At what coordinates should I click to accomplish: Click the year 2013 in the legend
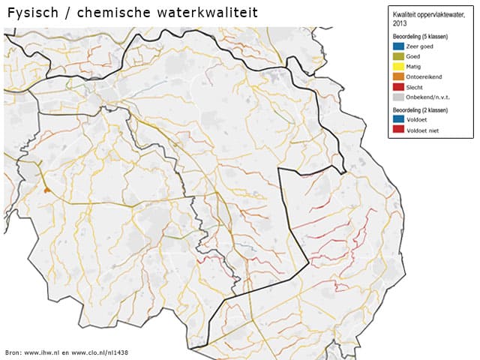pyautogui.click(x=400, y=24)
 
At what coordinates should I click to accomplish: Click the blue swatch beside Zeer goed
pyautogui.click(x=398, y=46)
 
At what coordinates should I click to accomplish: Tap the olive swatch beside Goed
pyautogui.click(x=398, y=55)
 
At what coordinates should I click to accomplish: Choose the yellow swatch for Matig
pyautogui.click(x=398, y=66)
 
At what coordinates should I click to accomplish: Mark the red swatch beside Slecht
pyautogui.click(x=398, y=87)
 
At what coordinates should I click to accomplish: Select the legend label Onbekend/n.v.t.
pyautogui.click(x=427, y=97)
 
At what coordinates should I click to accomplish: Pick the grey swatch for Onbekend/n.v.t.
pyautogui.click(x=398, y=97)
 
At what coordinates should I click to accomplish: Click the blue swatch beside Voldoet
pyautogui.click(x=398, y=118)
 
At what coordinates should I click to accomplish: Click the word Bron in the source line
pyautogui.click(x=13, y=352)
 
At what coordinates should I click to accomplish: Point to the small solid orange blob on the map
pyautogui.click(x=47, y=190)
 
